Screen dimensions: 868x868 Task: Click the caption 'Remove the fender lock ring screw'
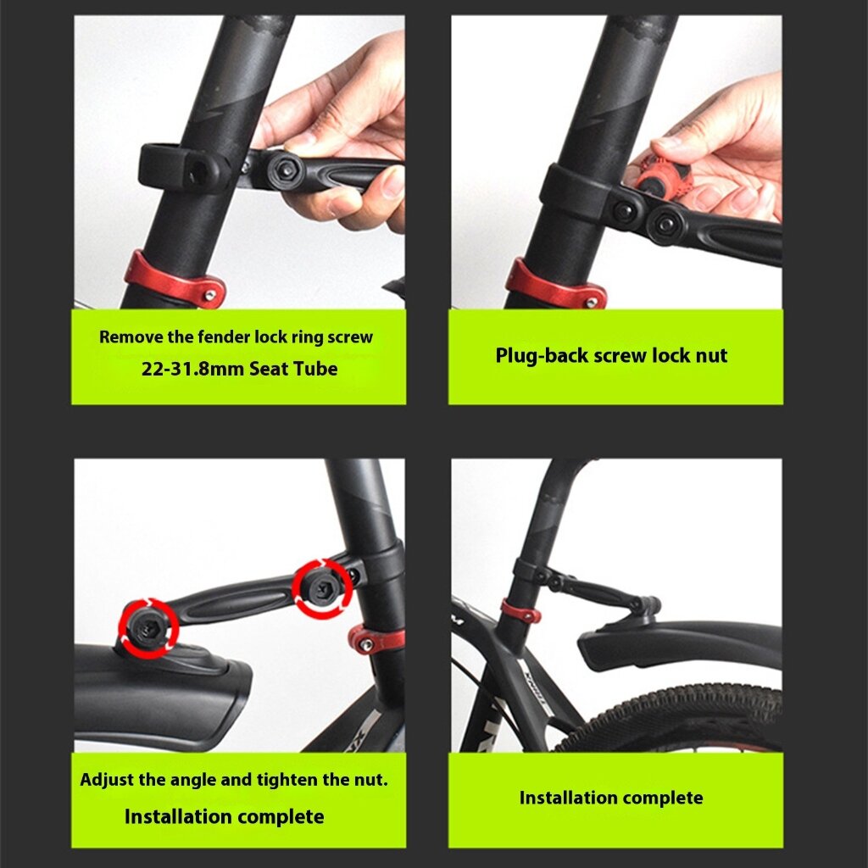pyautogui.click(x=236, y=337)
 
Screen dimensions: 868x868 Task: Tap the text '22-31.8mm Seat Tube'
pyautogui.click(x=239, y=369)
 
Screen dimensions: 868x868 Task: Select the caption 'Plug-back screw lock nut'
pyautogui.click(x=611, y=355)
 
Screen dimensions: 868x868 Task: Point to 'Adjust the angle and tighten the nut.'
pyautogui.click(x=234, y=780)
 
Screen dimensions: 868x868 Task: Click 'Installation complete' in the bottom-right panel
pyautogui.click(x=611, y=798)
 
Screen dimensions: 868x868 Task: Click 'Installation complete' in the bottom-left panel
pyautogui.click(x=224, y=816)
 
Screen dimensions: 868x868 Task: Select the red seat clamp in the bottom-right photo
pyautogui.click(x=520, y=611)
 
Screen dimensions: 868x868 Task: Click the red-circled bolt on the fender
pyautogui.click(x=147, y=628)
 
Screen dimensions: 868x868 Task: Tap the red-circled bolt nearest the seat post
pyautogui.click(x=322, y=588)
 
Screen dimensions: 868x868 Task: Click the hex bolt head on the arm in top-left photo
pyautogui.click(x=286, y=170)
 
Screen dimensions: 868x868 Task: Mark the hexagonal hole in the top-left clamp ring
pyautogui.click(x=197, y=172)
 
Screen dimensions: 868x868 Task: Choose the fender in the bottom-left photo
pyautogui.click(x=160, y=692)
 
